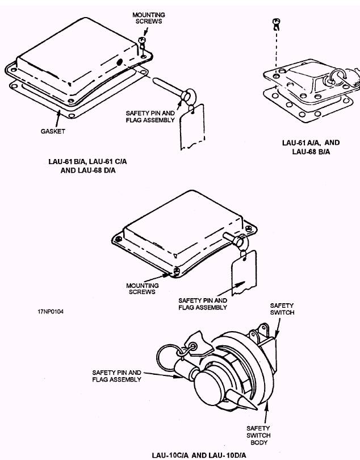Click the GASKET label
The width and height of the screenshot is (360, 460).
(x=53, y=131)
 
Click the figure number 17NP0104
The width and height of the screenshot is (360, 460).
(x=51, y=312)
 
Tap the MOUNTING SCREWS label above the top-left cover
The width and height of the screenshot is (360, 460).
(x=149, y=18)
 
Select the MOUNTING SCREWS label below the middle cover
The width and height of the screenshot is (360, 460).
(x=143, y=288)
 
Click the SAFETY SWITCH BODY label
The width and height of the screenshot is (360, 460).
(x=258, y=436)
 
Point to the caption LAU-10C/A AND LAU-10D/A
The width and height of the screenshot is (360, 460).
(x=199, y=455)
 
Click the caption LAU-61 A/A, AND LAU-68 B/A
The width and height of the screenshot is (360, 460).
(x=311, y=147)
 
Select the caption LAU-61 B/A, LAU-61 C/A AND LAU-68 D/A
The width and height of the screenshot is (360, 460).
(x=87, y=166)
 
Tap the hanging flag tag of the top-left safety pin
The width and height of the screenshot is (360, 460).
(x=192, y=127)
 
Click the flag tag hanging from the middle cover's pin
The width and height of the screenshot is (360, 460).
(x=244, y=273)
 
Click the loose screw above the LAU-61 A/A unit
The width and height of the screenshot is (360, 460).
(x=277, y=24)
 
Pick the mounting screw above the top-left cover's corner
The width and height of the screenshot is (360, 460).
(x=143, y=43)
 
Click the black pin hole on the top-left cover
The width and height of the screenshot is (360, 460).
(x=119, y=62)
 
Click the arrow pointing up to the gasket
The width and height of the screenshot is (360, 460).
(x=58, y=119)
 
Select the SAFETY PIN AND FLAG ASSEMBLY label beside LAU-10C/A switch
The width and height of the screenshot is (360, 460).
(x=116, y=376)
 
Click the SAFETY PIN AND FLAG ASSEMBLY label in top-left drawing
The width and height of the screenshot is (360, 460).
(x=150, y=116)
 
